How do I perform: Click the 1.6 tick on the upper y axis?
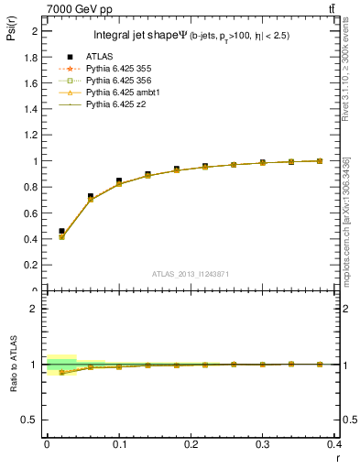(32, 82)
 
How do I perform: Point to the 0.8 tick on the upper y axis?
(32, 187)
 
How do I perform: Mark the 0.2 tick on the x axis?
(191, 443)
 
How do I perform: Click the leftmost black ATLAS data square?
(61, 232)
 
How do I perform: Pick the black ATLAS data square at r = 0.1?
(119, 181)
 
